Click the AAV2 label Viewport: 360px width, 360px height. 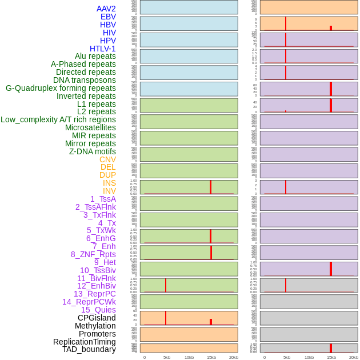tap(106, 9)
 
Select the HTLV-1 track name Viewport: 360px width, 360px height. tap(103, 49)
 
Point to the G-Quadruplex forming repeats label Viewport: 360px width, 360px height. tap(61, 88)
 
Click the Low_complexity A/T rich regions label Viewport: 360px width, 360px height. tap(58, 119)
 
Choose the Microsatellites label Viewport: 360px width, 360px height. tap(90, 127)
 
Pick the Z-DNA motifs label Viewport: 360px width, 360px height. tap(93, 151)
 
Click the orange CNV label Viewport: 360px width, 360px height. tap(107, 159)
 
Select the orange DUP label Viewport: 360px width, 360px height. tap(107, 175)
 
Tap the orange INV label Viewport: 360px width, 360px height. tap(109, 191)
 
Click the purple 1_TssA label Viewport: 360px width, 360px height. tap(103, 199)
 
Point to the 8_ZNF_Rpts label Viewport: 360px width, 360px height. tap(93, 254)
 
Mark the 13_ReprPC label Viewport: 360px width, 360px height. tap(94, 294)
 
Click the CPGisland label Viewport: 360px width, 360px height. tap(97, 318)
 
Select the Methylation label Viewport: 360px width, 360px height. tap(95, 326)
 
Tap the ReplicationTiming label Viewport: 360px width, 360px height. tap(84, 342)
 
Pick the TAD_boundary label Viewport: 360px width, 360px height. tap(89, 349)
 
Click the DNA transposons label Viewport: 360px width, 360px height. tap(85, 80)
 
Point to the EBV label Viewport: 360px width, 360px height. tap(108, 17)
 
